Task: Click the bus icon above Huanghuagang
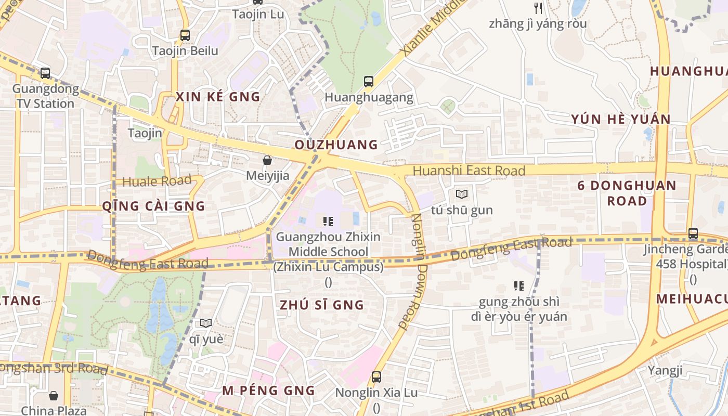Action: click(x=369, y=81)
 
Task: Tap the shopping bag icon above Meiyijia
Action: click(x=267, y=160)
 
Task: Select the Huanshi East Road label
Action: click(x=469, y=171)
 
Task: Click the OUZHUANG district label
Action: click(x=336, y=145)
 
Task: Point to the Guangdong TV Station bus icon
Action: click(x=45, y=73)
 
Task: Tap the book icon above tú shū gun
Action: click(x=461, y=194)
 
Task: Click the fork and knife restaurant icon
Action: click(x=538, y=8)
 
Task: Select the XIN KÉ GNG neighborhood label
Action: click(x=218, y=97)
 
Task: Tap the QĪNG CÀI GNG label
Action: click(x=153, y=206)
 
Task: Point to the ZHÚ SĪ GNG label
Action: click(x=322, y=305)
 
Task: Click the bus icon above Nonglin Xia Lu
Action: click(x=376, y=377)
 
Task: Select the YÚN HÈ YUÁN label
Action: click(x=621, y=119)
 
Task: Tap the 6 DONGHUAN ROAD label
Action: click(x=627, y=193)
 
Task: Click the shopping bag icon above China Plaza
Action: click(x=54, y=396)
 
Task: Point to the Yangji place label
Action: click(x=665, y=371)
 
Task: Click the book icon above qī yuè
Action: click(x=206, y=323)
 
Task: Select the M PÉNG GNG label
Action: click(x=268, y=391)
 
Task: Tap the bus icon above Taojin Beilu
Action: click(x=185, y=35)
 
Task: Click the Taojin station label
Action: click(x=145, y=133)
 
